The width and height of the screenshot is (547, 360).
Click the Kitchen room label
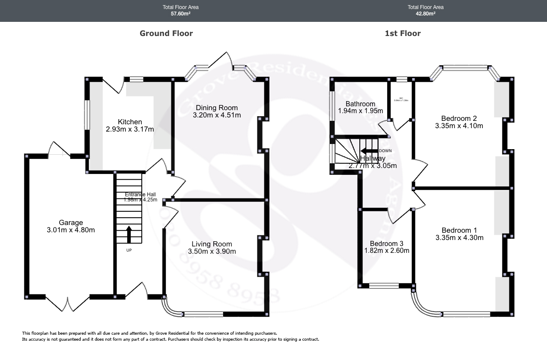click(129, 122)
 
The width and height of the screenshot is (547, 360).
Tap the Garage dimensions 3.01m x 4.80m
click(71, 230)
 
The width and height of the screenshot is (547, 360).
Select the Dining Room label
click(216, 108)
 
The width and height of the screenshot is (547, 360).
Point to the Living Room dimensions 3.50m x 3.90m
click(212, 252)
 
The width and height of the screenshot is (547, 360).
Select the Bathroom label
click(360, 104)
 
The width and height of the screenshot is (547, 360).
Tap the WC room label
click(401, 98)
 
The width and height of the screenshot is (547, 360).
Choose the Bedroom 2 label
click(459, 118)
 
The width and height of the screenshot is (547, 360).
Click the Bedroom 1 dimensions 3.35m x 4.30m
click(459, 238)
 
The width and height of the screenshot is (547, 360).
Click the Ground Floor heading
click(166, 33)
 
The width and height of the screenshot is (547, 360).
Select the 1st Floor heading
click(402, 33)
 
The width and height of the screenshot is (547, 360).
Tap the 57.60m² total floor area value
click(180, 14)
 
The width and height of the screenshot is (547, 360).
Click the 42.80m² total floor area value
click(425, 14)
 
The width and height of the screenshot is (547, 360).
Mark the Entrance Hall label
click(140, 194)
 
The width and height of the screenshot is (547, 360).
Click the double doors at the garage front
click(68, 304)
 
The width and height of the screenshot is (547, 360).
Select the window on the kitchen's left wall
click(87, 114)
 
